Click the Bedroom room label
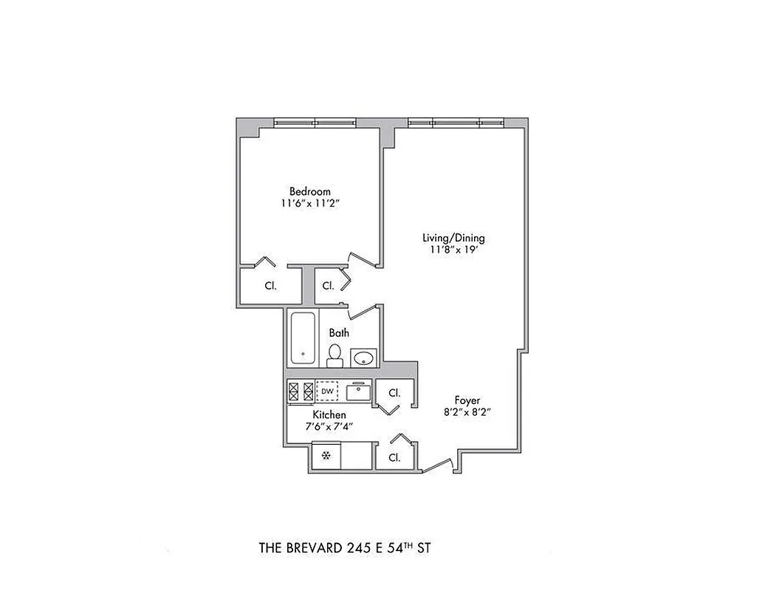[310, 191]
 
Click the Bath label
[339, 333]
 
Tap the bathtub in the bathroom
[303, 338]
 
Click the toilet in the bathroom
[335, 355]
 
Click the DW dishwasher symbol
[326, 391]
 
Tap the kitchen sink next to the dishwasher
[357, 391]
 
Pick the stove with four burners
[301, 391]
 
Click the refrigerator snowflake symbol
[325, 456]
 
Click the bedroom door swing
[363, 259]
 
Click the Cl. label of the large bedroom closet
[270, 286]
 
